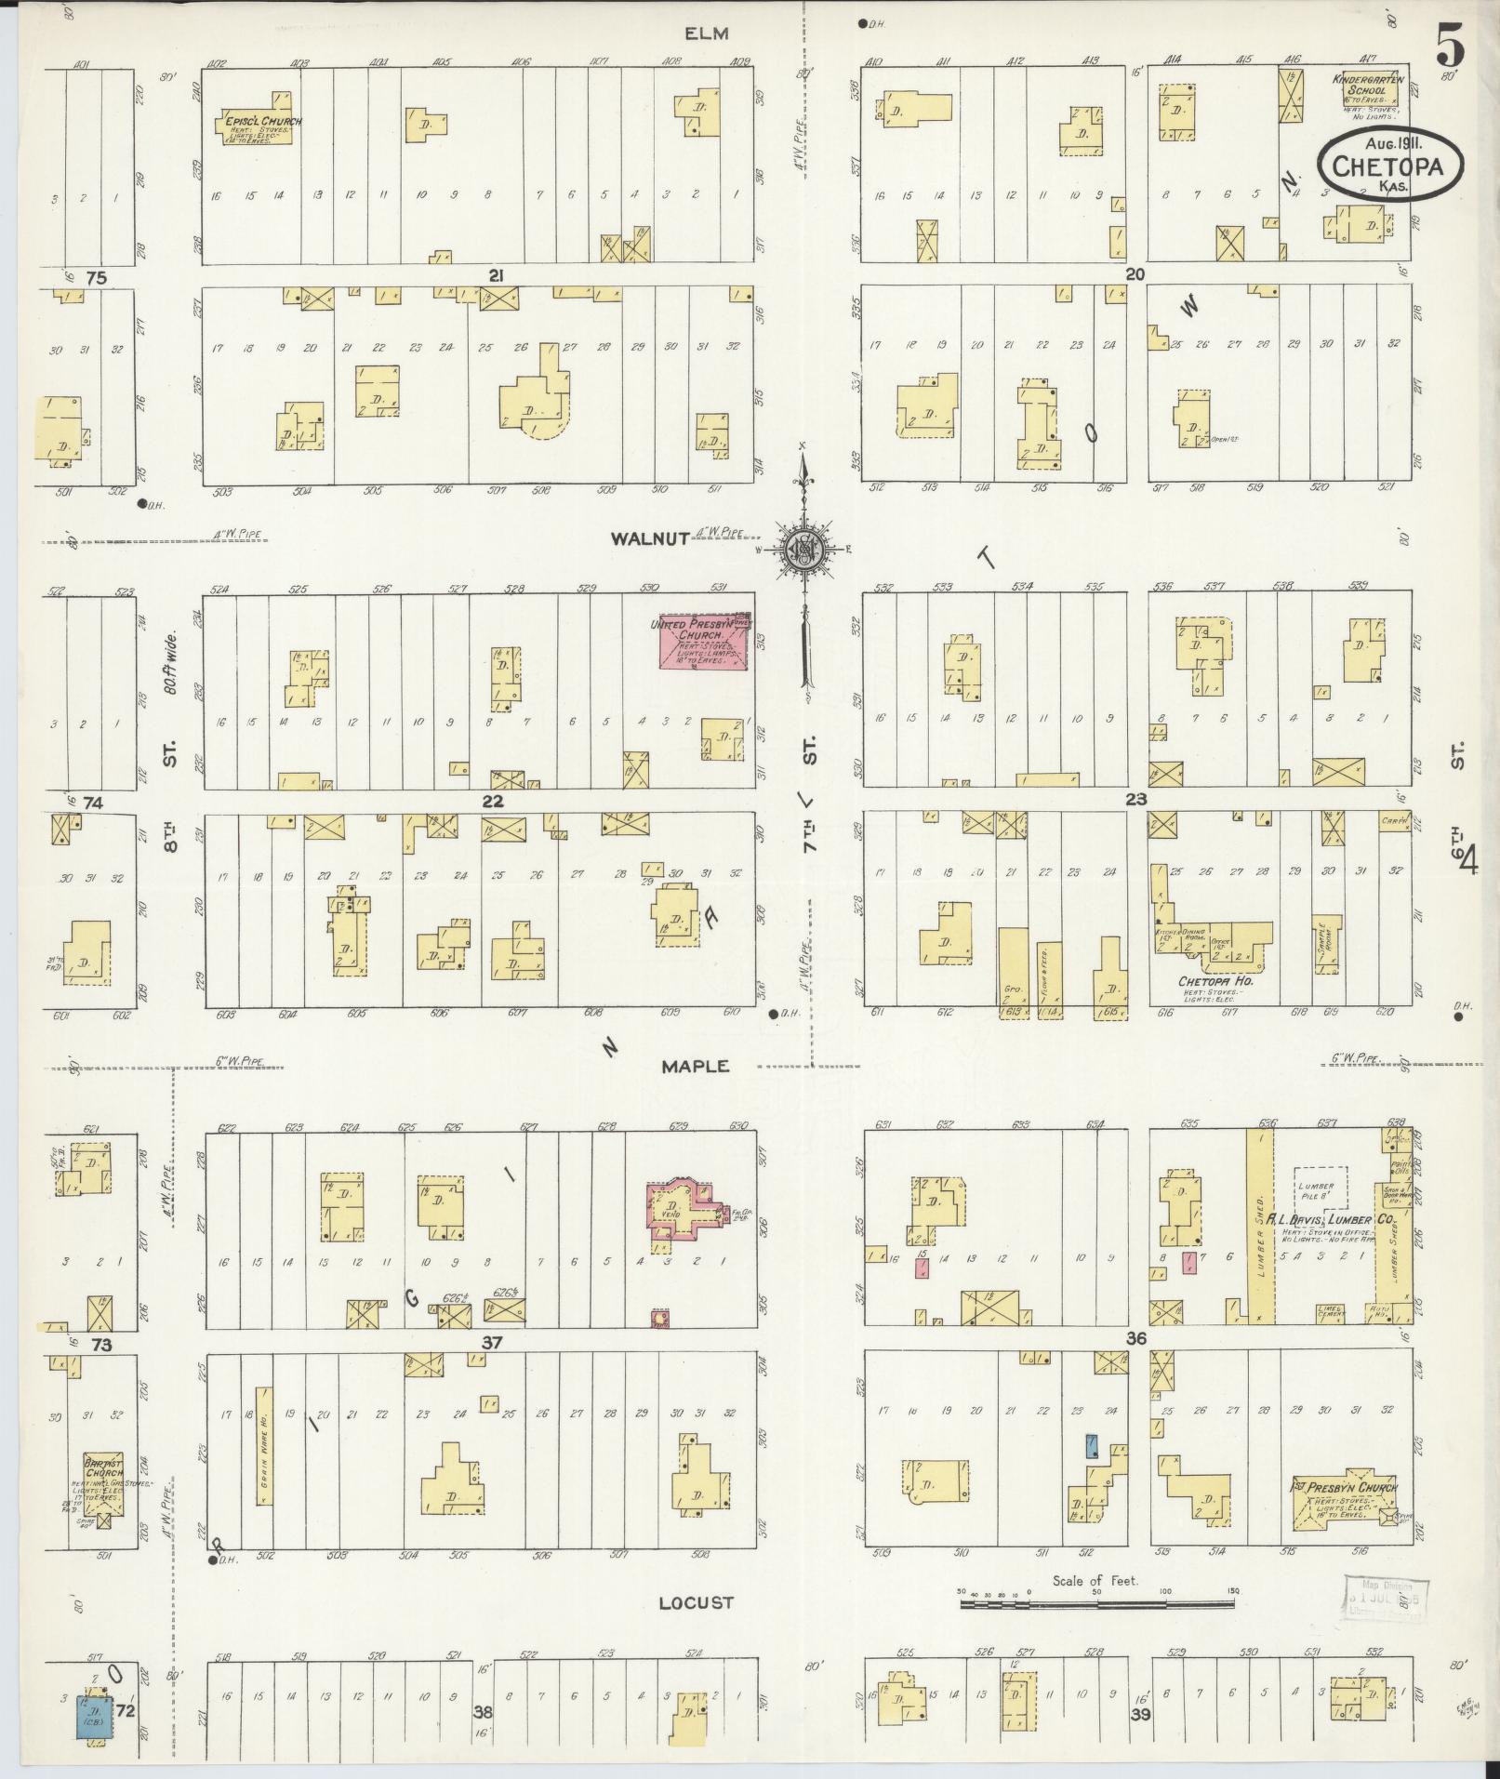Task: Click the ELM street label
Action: (706, 34)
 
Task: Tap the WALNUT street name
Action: (649, 538)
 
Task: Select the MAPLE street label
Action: (695, 1067)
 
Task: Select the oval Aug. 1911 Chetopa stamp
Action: (1387, 163)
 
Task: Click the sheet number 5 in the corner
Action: (1448, 44)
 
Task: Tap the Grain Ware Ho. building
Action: (265, 1459)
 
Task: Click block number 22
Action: (492, 801)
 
